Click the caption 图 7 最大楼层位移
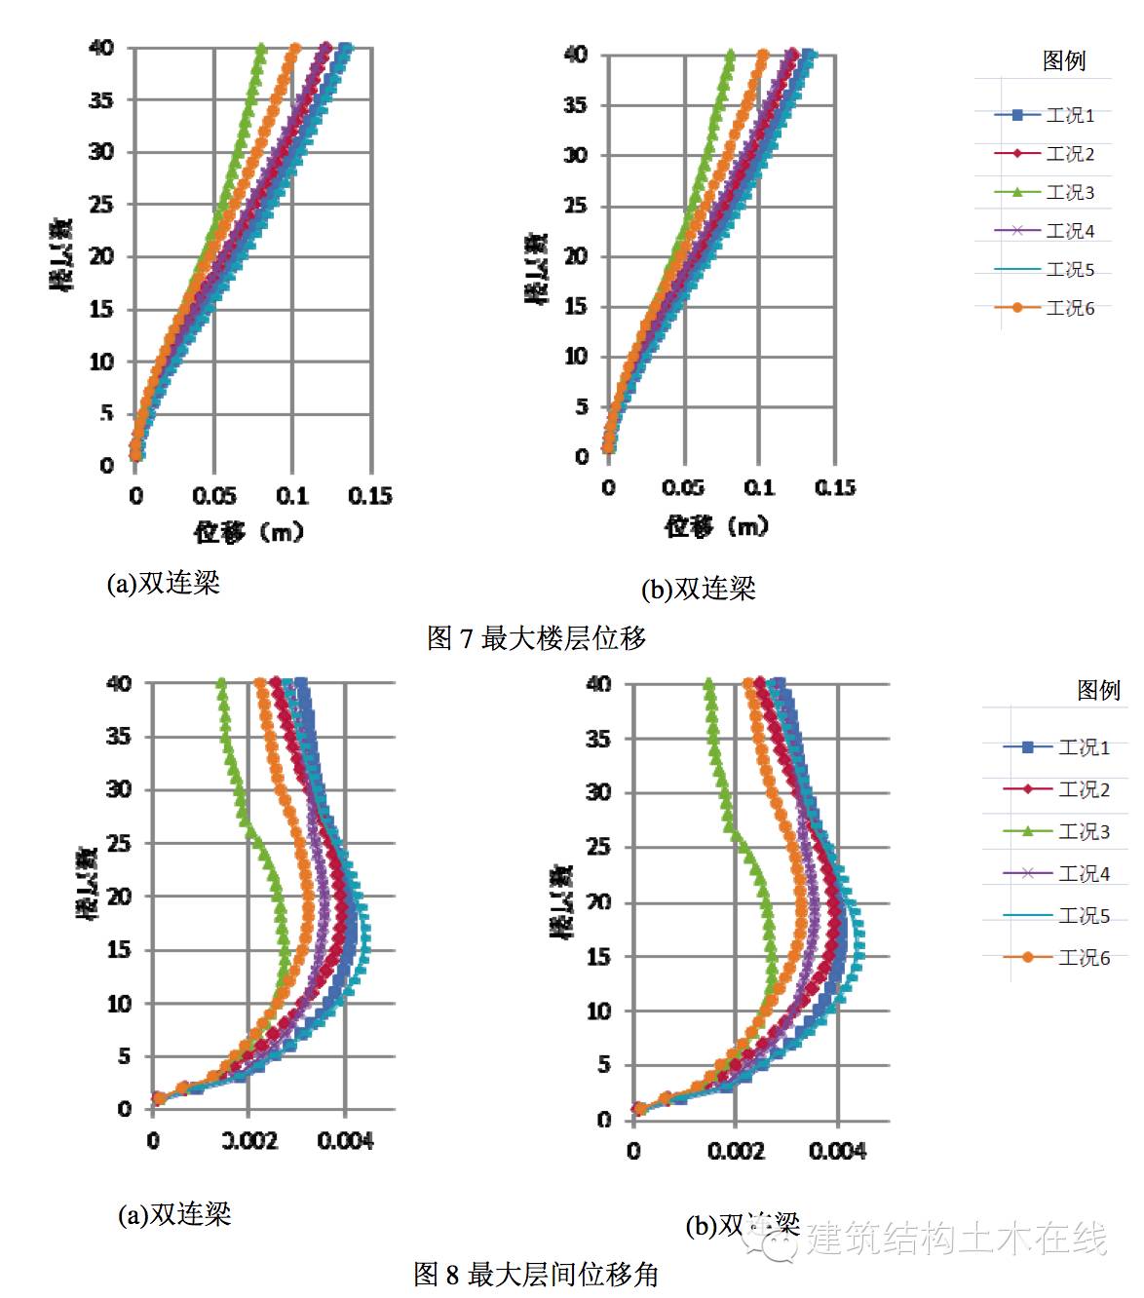[x=536, y=638]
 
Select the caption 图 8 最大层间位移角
[x=536, y=1274]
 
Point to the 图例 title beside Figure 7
[x=1063, y=60]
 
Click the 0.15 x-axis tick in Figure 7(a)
[x=369, y=496]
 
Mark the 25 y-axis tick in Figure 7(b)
[x=576, y=206]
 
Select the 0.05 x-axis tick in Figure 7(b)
[x=683, y=487]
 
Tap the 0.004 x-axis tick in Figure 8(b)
[x=837, y=1152]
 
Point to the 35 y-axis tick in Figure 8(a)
[x=119, y=737]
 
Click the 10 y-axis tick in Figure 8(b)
[x=598, y=1012]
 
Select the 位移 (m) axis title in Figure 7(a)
[x=248, y=532]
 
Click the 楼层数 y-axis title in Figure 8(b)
[x=563, y=901]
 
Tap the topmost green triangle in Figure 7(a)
[x=260, y=48]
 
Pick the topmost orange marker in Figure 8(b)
[x=748, y=684]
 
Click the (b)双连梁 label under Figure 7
[x=698, y=589]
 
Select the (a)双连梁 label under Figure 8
[x=174, y=1214]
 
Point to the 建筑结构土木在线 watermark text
[x=955, y=1239]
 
